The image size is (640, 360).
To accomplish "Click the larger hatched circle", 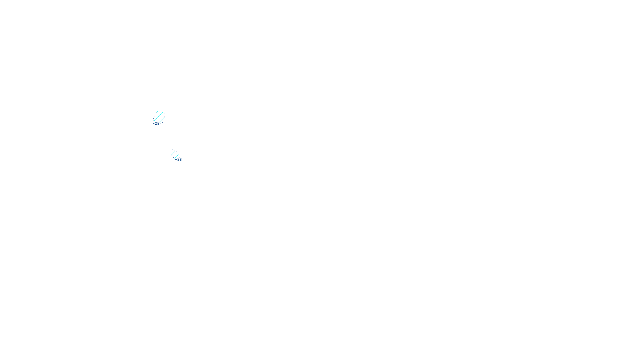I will point(159,117).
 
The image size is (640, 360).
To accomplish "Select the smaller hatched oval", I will point(175,154).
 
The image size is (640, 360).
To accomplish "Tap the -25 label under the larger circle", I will point(156,124).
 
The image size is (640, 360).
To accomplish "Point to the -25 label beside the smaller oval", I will point(178,159).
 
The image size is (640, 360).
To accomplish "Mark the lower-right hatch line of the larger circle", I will point(162,120).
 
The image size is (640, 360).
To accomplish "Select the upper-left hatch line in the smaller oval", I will point(174,153).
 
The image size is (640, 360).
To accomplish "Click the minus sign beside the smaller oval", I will point(176,159).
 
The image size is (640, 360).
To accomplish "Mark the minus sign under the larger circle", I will point(153,124).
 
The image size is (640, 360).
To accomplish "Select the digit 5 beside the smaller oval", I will point(180,159).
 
